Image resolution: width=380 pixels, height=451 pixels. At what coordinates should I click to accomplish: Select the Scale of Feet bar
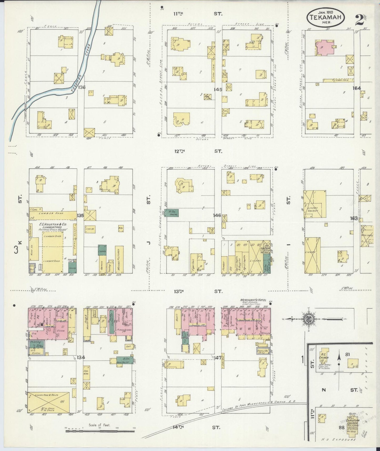[x=100, y=431]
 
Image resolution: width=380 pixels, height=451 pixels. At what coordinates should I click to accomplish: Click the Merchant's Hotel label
[x=253, y=300]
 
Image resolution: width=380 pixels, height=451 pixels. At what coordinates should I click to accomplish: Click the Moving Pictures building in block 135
[x=119, y=260]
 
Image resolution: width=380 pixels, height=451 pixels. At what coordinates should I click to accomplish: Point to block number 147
[x=218, y=358]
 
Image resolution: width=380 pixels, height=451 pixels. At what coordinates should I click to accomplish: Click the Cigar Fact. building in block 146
[x=194, y=263]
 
